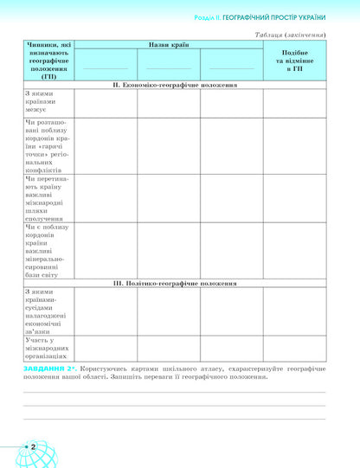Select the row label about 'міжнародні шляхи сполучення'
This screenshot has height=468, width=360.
pos(48,198)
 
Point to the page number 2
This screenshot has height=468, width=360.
pos(31,446)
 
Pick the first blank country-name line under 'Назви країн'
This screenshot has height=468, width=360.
pos(106,67)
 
